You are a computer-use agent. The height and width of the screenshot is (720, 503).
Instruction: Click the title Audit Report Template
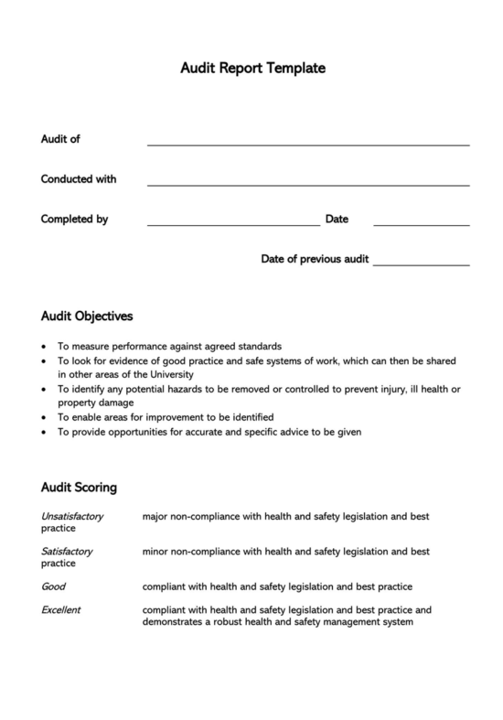(251, 68)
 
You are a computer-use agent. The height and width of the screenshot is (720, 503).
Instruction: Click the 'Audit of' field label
(60, 139)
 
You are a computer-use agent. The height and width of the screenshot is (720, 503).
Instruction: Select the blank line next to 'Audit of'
(308, 144)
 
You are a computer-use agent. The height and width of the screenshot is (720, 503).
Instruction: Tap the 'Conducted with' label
(79, 179)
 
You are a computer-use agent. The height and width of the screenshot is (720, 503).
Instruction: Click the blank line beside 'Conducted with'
(308, 184)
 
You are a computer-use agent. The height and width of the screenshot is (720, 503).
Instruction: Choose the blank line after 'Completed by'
(233, 224)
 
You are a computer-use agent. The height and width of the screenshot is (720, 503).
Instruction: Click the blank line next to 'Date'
(421, 224)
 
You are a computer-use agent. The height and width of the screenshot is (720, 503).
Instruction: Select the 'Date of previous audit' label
(315, 259)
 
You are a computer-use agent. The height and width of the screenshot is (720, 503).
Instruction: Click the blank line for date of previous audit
(421, 264)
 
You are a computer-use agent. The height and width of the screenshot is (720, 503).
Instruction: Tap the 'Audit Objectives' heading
(87, 317)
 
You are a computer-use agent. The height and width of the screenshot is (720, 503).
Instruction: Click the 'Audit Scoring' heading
(79, 487)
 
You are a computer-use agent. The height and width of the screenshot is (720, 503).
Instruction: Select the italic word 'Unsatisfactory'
(72, 517)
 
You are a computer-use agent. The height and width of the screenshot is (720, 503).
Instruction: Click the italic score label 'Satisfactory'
(67, 552)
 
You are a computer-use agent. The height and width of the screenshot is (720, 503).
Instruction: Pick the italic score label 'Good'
(53, 586)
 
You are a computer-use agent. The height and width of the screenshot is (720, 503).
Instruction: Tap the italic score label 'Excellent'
(61, 609)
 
